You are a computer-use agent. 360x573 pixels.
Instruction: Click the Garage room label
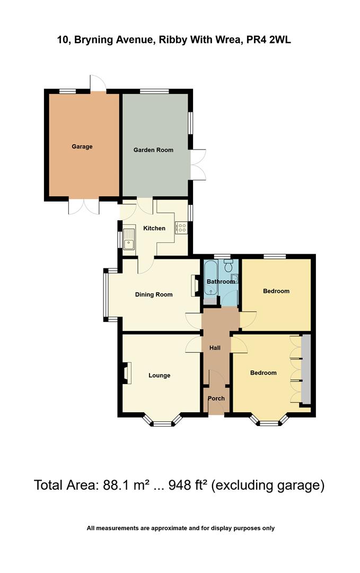tap(82, 146)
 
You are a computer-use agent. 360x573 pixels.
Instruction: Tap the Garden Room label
tap(153, 150)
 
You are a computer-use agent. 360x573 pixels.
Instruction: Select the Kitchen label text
tap(154, 228)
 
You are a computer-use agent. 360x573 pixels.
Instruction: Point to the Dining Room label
tap(154, 294)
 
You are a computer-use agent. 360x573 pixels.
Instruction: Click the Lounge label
tap(159, 375)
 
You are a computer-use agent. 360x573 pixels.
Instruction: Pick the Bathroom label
tap(221, 281)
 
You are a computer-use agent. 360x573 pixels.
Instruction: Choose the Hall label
tap(215, 348)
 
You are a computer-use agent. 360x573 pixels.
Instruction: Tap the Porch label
tap(216, 398)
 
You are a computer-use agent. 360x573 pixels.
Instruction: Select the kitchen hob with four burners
tap(181, 227)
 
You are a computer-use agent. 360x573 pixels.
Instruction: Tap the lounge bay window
tap(163, 422)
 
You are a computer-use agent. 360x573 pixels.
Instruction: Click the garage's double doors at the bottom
tap(83, 206)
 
